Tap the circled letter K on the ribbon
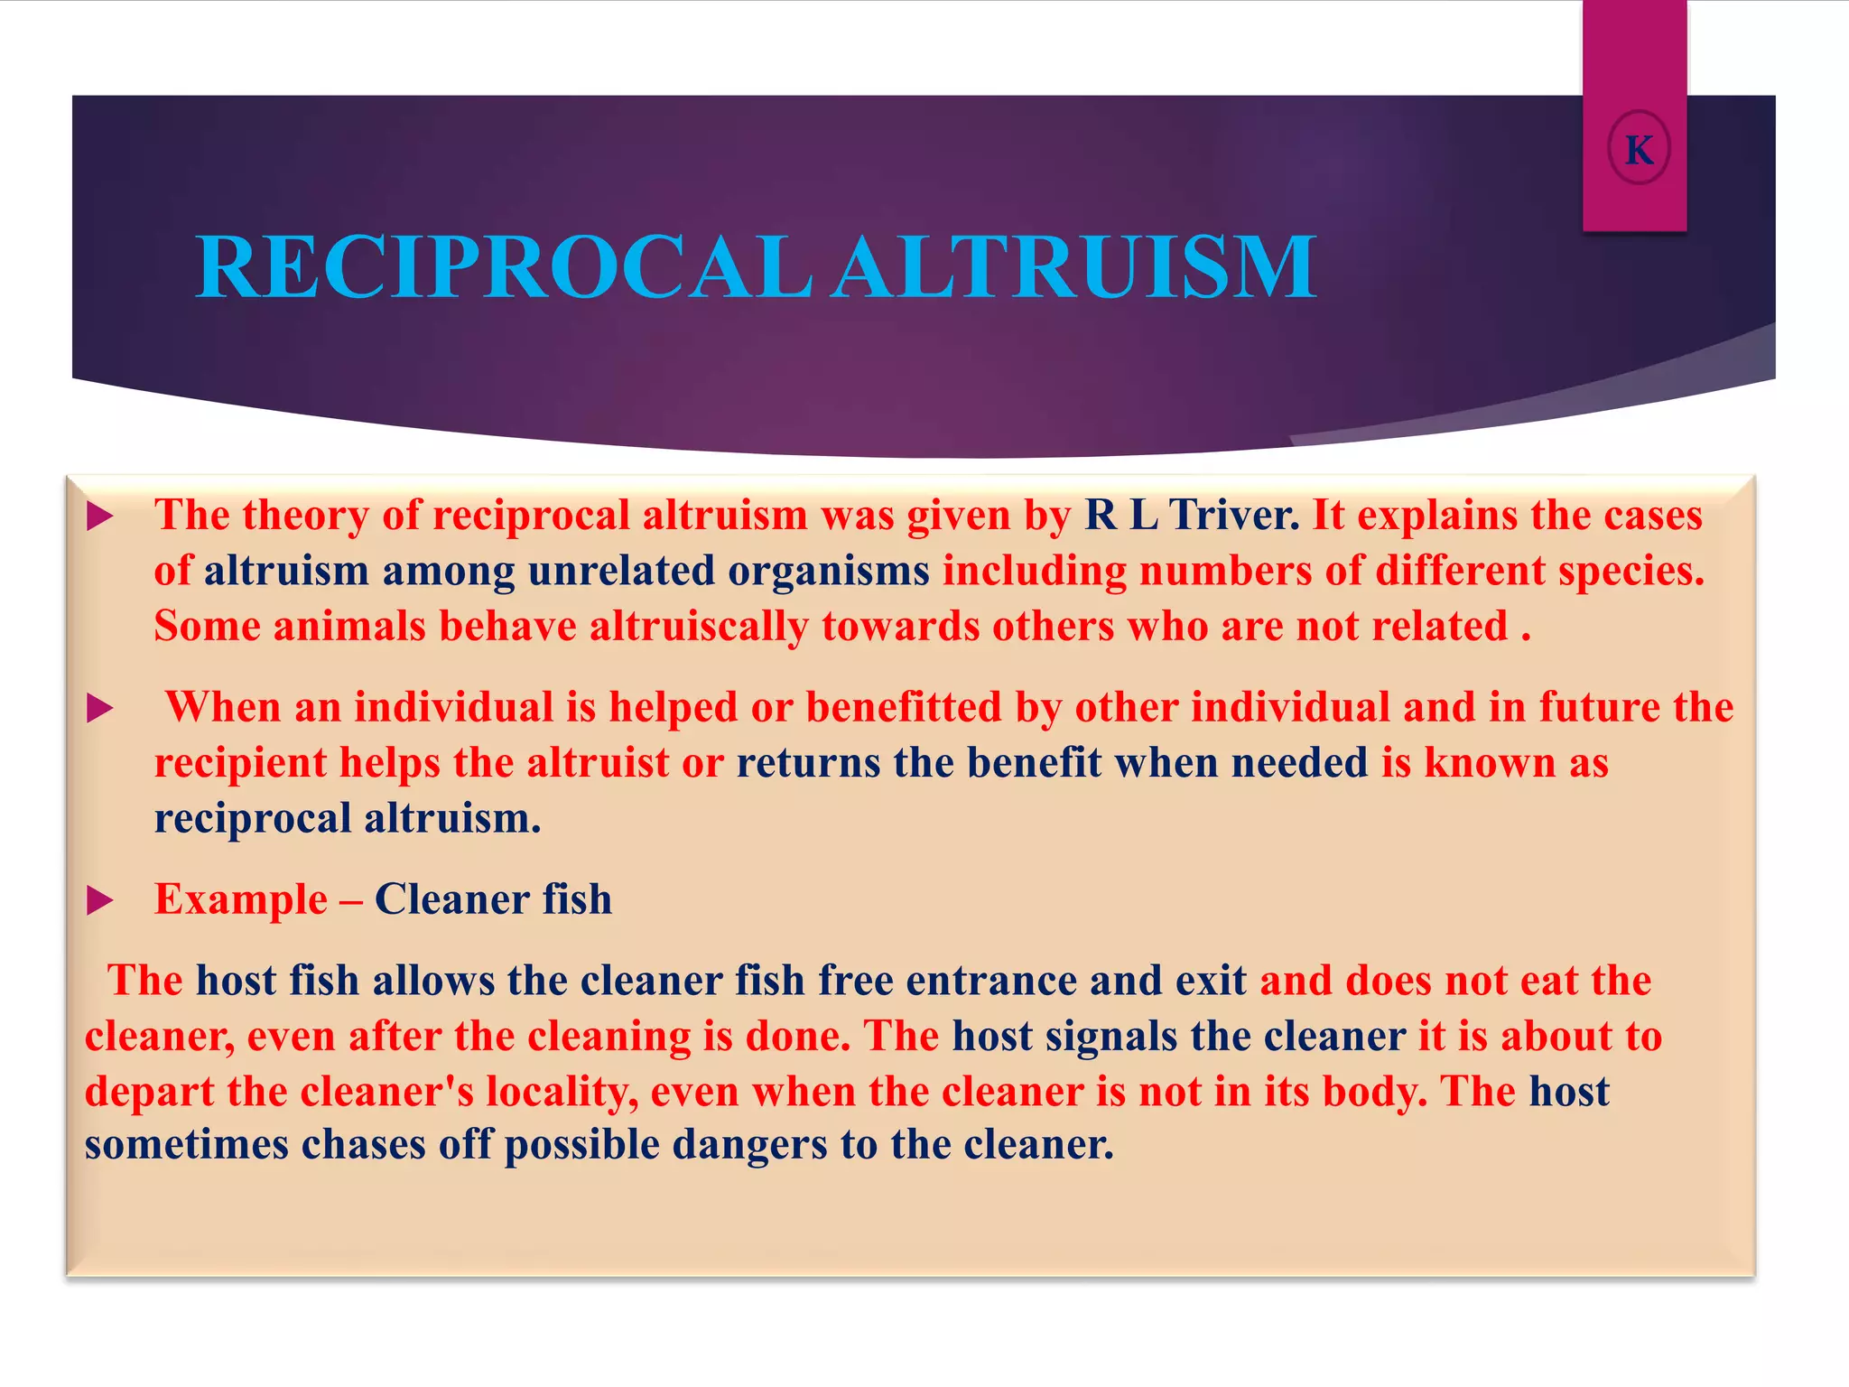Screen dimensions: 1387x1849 1639,150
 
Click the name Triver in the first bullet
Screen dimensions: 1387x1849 1233,516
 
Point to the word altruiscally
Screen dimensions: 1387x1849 698,627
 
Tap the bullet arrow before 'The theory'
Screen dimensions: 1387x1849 99,517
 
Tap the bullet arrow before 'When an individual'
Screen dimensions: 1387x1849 99,709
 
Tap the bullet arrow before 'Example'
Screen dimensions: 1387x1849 99,900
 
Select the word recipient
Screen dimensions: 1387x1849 240,764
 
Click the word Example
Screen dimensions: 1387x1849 240,900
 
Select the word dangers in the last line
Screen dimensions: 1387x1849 748,1145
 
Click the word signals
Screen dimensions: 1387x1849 1110,1036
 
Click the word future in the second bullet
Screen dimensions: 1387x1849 1598,707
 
